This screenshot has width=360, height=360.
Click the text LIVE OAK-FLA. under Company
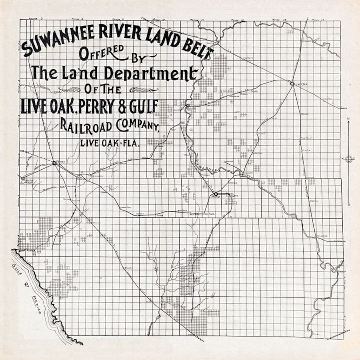[110, 143]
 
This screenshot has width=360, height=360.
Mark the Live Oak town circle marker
[292, 84]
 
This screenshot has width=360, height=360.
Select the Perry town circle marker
[54, 163]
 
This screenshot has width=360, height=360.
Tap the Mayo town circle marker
[216, 194]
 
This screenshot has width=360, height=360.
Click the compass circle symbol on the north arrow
[349, 159]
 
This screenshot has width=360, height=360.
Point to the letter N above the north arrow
[348, 119]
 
